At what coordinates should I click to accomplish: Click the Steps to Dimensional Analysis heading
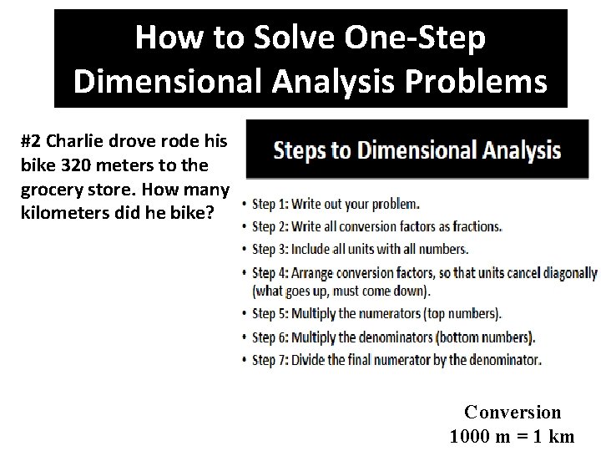click(417, 151)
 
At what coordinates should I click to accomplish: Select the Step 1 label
click(270, 204)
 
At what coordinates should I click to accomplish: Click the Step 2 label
click(270, 226)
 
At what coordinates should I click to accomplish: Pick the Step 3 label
click(270, 249)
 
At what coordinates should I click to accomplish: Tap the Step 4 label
click(270, 272)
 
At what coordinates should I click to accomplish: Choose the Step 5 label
click(270, 315)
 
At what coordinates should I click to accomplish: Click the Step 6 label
click(270, 337)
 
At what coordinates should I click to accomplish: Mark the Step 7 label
click(270, 360)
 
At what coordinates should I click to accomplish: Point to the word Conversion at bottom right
click(513, 412)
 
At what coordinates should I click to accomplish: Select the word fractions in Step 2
click(474, 226)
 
